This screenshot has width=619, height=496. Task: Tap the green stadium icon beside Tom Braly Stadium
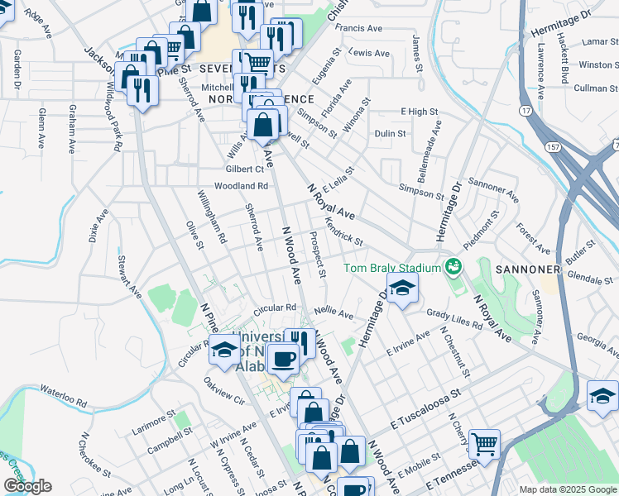[x=453, y=267]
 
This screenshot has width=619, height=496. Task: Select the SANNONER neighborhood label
[x=528, y=270]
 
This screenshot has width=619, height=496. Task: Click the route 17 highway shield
[x=525, y=110]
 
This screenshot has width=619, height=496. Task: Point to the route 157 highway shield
[x=551, y=146]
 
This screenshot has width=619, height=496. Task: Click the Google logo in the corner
[x=27, y=486]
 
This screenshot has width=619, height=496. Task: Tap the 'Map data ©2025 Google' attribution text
[x=568, y=489]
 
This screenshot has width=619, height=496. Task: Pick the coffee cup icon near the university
[x=284, y=360]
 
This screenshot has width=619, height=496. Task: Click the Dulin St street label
[x=391, y=133]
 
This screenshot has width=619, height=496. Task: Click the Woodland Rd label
[x=242, y=187]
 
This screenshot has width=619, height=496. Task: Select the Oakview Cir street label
[x=225, y=393]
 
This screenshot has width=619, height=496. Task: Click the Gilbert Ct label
[x=244, y=169]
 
